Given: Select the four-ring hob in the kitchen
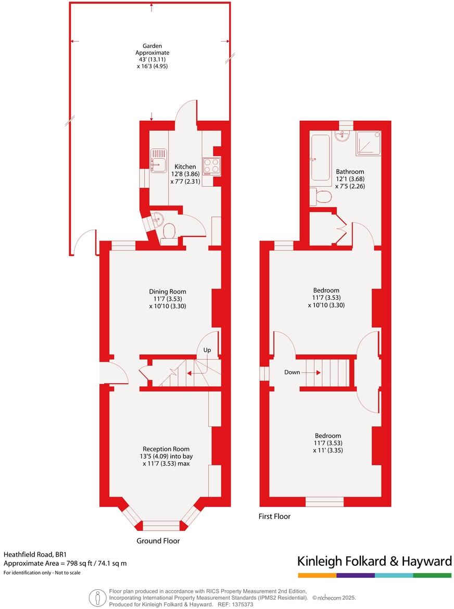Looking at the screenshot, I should pos(211,166).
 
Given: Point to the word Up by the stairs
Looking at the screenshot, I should pos(207,350).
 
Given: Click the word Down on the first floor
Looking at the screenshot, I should pos(292,372).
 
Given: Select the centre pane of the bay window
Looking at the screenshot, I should pos(161,525).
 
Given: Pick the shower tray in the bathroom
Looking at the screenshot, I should pos(368,143).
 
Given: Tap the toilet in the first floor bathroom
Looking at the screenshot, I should pos(321,197).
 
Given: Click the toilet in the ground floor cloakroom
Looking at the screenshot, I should pos(168,232).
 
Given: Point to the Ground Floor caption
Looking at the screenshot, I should pos(158,541).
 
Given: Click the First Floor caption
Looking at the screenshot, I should pos(274,516).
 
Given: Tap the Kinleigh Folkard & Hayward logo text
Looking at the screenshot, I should pos(374,561).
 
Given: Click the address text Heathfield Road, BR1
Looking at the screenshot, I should pos(35,555).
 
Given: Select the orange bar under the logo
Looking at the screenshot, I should pos(317,575).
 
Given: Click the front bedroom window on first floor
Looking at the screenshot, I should pos(324,501).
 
